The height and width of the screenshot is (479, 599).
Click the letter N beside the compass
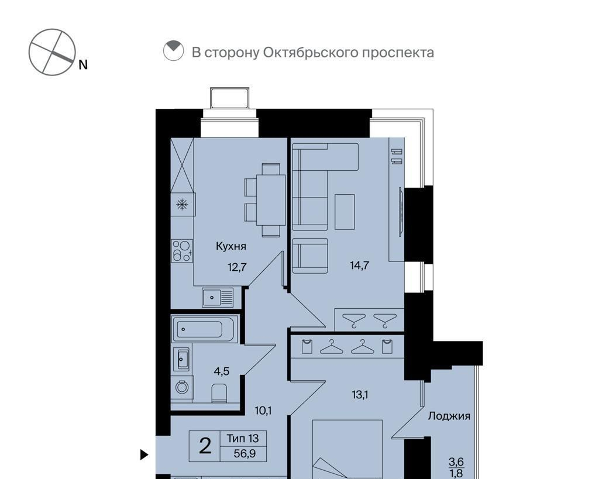coord(83,65)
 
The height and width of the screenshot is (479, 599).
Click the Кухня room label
coord(231,246)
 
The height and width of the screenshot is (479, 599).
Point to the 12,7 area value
coord(237,267)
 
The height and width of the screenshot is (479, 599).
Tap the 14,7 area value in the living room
coord(360,265)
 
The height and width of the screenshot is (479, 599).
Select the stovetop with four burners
coord(182,250)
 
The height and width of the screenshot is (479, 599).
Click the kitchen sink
coord(218,297)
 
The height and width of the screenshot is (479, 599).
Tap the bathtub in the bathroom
coord(204,329)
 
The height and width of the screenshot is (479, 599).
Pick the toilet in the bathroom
coord(219,393)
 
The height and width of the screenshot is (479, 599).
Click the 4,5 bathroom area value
coord(222,371)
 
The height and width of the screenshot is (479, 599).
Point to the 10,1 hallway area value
coord(263,411)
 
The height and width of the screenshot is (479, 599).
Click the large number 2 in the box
coord(205,446)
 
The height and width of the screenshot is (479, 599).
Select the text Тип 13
coord(243,438)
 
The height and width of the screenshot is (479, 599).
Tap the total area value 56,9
coord(245,454)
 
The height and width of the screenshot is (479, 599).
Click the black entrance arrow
coord(144,454)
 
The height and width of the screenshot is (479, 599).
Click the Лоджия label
coord(449,416)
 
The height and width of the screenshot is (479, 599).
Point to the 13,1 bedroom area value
coord(360,395)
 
